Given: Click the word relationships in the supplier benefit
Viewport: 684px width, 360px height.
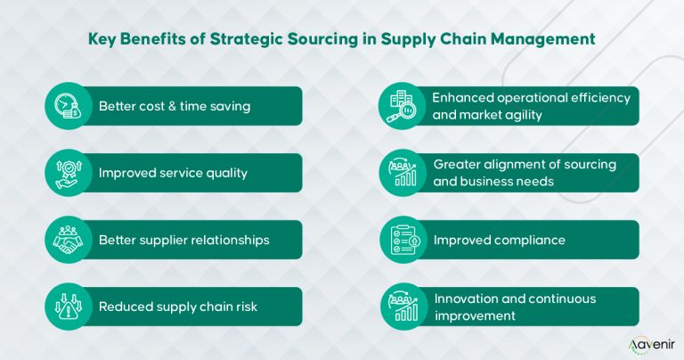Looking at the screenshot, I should [226, 240].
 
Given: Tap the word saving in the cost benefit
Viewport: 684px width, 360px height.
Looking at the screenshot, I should [230, 106].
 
